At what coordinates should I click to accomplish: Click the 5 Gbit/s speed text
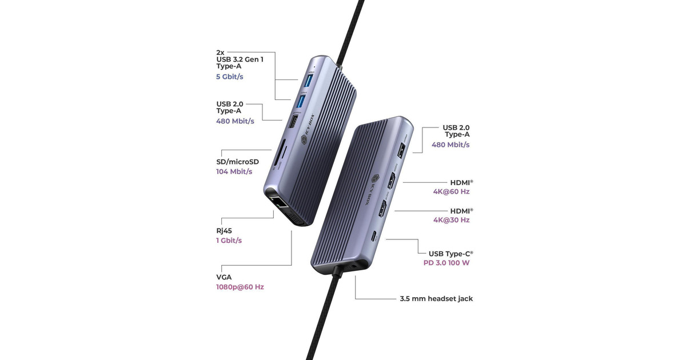tap(229, 77)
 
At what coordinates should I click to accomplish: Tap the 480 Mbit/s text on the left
tap(235, 121)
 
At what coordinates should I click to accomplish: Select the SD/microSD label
tap(237, 162)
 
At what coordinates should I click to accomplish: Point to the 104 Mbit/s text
tap(234, 171)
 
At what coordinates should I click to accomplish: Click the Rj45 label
tap(224, 231)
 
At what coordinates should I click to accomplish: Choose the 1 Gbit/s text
tap(229, 241)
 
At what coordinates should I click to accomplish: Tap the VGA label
tap(224, 277)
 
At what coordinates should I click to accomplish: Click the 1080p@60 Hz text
tap(240, 287)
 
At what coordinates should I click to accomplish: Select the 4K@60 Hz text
tap(451, 191)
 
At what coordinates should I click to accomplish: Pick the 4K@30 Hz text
tap(451, 220)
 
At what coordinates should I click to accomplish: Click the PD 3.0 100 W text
tap(446, 263)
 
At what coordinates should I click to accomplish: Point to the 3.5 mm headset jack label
tap(436, 298)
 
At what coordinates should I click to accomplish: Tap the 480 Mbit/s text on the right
tap(450, 145)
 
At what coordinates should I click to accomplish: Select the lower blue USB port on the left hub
tap(302, 101)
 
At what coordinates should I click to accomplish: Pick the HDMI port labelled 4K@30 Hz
tap(382, 209)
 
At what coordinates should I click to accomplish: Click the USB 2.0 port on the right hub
tap(401, 150)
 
